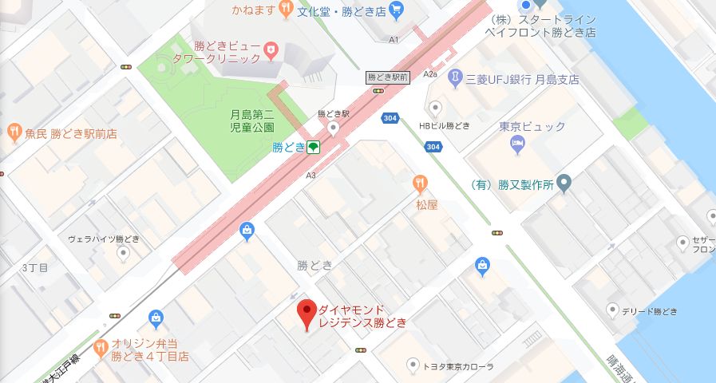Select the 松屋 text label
point(427,204)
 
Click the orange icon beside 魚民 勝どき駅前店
point(14,133)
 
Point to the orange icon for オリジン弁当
point(100,346)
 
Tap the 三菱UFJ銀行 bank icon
point(455,79)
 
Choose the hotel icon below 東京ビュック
point(516,144)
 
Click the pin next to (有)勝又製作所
point(564,185)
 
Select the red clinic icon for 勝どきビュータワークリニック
point(271,50)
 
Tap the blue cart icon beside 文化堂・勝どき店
point(397,11)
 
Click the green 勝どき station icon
point(314,147)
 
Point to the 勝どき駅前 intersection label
point(388,77)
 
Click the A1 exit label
point(394,39)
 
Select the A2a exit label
point(432,74)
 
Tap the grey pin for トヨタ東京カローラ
point(412,365)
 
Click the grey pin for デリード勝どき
point(612,310)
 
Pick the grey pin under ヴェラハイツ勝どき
point(122,254)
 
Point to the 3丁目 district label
point(36,267)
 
